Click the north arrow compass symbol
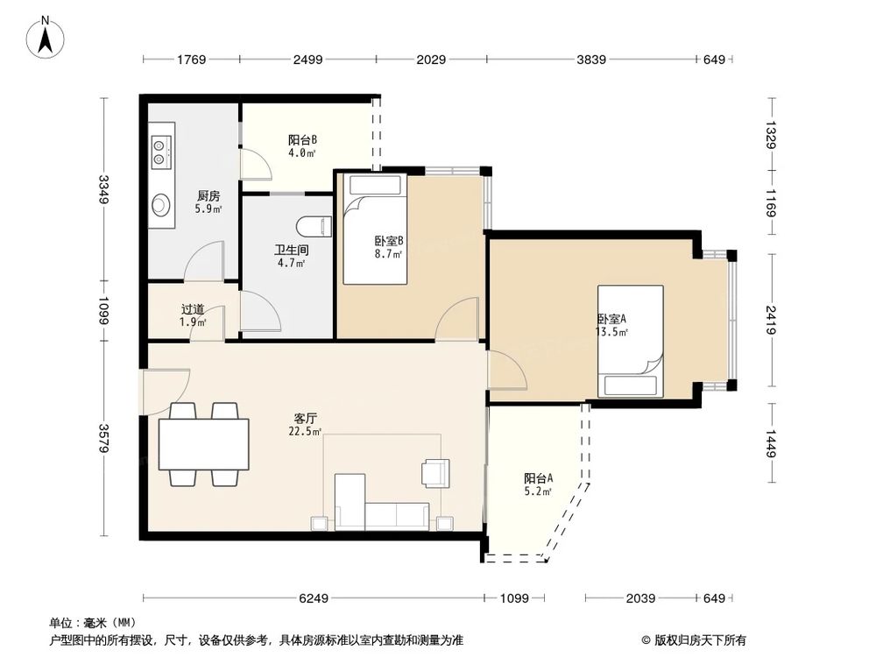click(46, 38)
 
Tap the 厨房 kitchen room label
click(208, 196)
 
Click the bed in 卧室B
click(375, 229)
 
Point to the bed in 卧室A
click(631, 342)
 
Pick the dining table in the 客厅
click(204, 445)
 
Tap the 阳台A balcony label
click(539, 478)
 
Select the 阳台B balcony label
click(302, 139)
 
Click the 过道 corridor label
click(193, 309)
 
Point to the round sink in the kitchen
click(161, 204)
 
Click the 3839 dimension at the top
click(591, 60)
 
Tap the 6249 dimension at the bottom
click(314, 598)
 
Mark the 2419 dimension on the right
click(771, 320)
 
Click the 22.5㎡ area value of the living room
click(305, 431)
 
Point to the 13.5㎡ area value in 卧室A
click(611, 332)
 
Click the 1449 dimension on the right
click(771, 443)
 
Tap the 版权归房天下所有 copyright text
click(700, 640)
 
